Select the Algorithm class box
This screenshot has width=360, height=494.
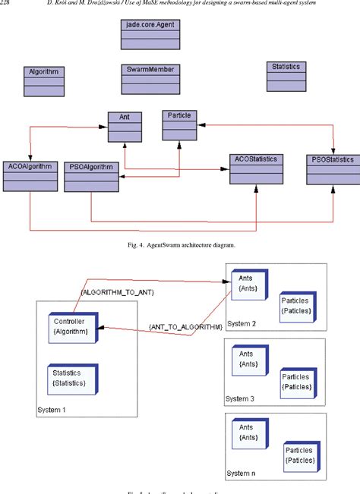(x=43, y=80)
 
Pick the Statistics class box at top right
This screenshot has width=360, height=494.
(x=286, y=77)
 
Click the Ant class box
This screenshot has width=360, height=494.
(x=124, y=127)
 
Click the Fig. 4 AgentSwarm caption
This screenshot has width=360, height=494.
(x=180, y=244)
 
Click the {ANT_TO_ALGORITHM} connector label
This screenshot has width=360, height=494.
(x=185, y=327)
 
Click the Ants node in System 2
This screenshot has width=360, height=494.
(x=248, y=283)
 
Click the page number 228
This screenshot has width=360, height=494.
(x=8, y=6)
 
